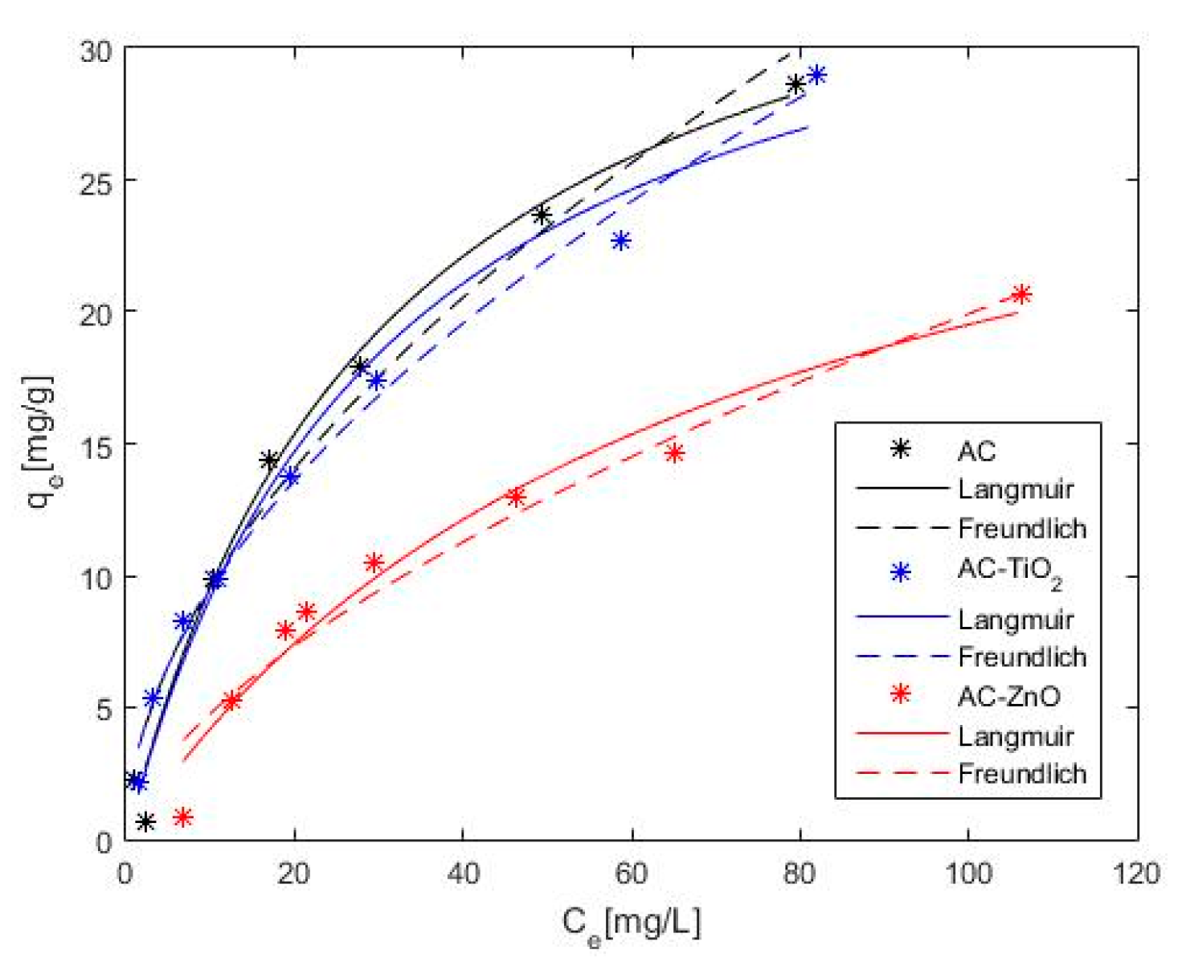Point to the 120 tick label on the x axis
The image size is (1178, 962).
[x=1137, y=873]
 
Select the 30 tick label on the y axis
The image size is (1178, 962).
[x=96, y=51]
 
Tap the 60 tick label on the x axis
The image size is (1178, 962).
[x=632, y=873]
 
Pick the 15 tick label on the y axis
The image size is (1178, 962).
[x=96, y=444]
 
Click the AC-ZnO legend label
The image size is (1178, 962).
[x=1008, y=696]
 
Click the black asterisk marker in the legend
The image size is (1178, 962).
[x=901, y=449]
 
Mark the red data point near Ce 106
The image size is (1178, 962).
[x=1021, y=294]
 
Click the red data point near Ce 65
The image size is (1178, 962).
[x=675, y=453]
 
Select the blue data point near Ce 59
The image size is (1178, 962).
[x=620, y=240]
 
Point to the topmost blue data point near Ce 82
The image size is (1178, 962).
[x=816, y=75]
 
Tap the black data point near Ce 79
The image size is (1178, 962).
[x=796, y=84]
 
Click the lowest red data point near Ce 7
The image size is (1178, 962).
[x=183, y=817]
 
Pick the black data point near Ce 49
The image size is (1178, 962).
[x=542, y=215]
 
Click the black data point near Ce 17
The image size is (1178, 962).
[x=269, y=461]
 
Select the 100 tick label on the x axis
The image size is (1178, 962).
[x=968, y=873]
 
